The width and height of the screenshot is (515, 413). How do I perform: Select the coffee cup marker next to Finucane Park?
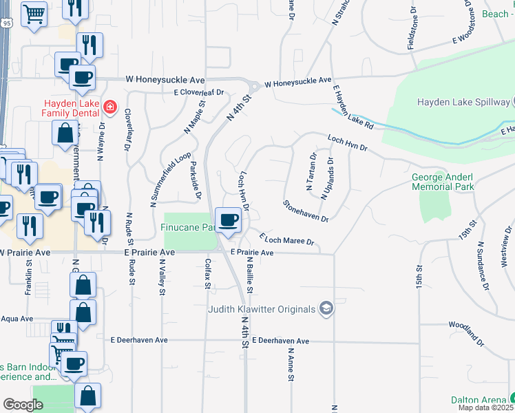click(228, 220)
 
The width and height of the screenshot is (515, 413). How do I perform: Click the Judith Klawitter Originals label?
click(262, 309)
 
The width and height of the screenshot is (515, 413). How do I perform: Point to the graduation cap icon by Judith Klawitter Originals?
click(326, 309)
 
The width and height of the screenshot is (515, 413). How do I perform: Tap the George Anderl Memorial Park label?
click(443, 182)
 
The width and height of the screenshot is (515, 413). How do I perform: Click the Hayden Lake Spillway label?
click(462, 102)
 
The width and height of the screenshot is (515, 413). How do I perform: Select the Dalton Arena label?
click(479, 399)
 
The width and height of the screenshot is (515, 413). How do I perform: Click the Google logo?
click(23, 405)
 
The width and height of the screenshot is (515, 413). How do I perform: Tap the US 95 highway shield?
click(6, 23)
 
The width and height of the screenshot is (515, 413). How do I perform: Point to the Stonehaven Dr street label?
click(306, 211)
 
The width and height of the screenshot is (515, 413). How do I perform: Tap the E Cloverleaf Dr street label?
click(199, 92)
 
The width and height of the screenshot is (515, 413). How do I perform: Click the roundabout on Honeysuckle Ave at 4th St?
click(254, 87)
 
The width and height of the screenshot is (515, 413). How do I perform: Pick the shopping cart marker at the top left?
click(34, 14)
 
